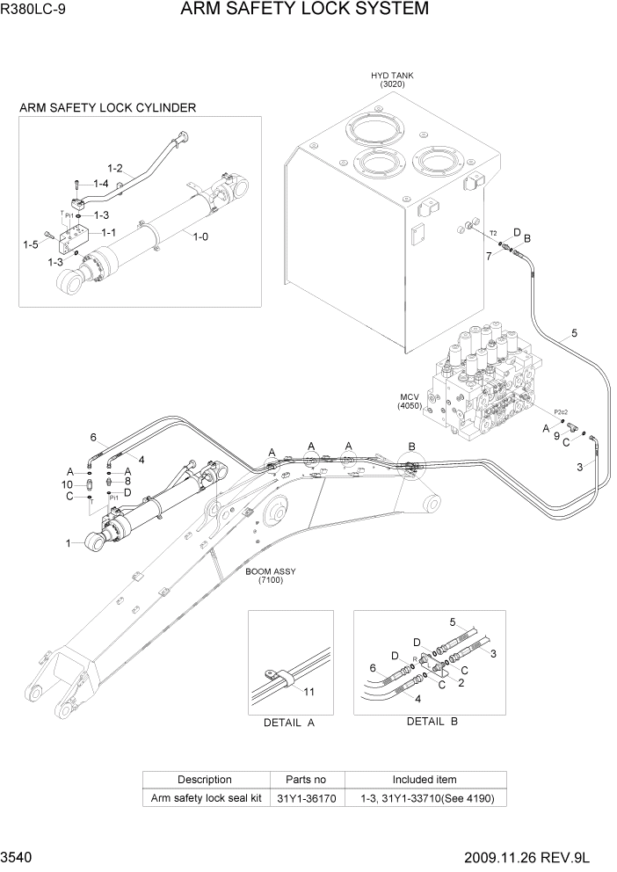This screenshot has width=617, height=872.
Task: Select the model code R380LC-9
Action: pyautogui.click(x=37, y=11)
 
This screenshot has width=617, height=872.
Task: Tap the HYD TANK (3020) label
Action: pyautogui.click(x=392, y=80)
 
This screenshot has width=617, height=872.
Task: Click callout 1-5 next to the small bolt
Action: pyautogui.click(x=32, y=244)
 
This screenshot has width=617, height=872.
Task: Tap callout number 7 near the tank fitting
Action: pyautogui.click(x=488, y=257)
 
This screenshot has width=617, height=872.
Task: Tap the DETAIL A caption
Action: pyautogui.click(x=289, y=723)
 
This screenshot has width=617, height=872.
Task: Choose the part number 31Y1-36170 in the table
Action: pyautogui.click(x=307, y=798)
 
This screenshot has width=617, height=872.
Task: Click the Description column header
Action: pyautogui.click(x=205, y=780)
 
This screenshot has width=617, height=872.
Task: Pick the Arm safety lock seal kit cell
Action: pyautogui.click(x=205, y=798)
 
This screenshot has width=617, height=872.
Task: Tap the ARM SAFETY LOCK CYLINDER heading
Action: pyautogui.click(x=107, y=108)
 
